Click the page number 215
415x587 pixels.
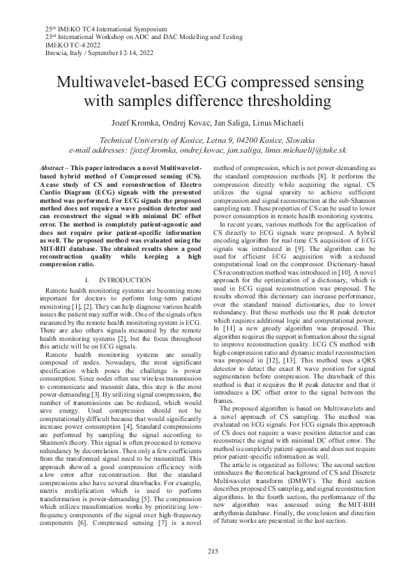[207, 551]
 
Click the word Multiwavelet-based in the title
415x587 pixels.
[124, 82]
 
